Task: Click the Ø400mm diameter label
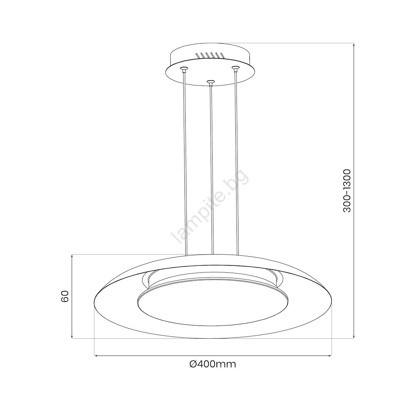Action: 213,364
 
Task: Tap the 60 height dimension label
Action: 65,296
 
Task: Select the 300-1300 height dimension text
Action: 347,191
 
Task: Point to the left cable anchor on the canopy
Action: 183,69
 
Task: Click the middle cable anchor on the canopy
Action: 210,82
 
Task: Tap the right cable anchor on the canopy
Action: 235,69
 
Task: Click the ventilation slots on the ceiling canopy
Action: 210,55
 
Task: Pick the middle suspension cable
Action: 212,169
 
